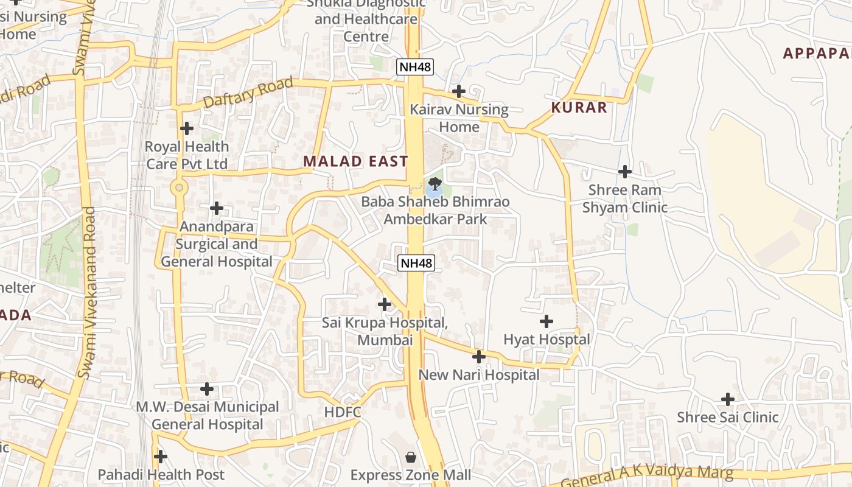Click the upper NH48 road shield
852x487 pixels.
[x=415, y=66]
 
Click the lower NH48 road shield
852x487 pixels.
[x=417, y=263]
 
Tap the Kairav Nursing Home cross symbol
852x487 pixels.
[x=459, y=91]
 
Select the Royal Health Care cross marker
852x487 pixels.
[x=187, y=128]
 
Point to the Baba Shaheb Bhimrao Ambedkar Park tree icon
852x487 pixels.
[x=435, y=183]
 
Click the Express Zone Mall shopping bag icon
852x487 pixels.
[x=411, y=457]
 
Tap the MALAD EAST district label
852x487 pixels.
[x=355, y=161]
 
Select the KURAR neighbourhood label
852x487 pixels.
[x=579, y=108]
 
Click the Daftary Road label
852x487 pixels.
[x=248, y=93]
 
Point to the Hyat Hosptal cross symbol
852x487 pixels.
[x=546, y=321]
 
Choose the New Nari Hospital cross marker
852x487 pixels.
[x=479, y=356]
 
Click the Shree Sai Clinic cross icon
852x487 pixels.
[x=728, y=399]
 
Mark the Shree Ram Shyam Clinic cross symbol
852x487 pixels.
[x=624, y=172]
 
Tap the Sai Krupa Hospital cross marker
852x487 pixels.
[x=384, y=304]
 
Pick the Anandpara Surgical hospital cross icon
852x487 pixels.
[x=216, y=208]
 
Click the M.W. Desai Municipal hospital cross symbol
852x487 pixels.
[x=207, y=388]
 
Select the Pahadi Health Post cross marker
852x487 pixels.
[x=161, y=456]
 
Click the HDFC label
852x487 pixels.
[x=343, y=412]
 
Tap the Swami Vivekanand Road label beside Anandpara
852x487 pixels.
[x=89, y=292]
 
